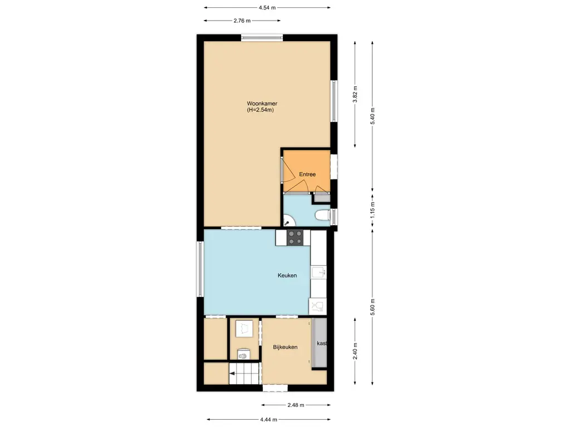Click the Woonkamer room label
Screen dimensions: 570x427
pyautogui.click(x=262, y=103)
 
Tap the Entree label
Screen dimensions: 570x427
pyautogui.click(x=307, y=174)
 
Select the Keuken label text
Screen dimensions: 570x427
pyautogui.click(x=287, y=275)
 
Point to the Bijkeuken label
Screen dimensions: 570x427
pyautogui.click(x=286, y=347)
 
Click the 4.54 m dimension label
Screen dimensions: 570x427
pyautogui.click(x=267, y=7)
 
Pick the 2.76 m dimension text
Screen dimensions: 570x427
pyautogui.click(x=242, y=21)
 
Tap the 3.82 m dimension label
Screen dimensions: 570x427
pyautogui.click(x=355, y=94)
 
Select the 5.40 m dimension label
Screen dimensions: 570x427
pyautogui.click(x=372, y=116)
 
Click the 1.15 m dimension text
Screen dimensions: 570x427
pyautogui.click(x=372, y=210)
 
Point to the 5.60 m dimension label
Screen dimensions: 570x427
pyautogui.click(x=372, y=307)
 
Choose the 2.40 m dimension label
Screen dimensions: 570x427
pyautogui.click(x=355, y=351)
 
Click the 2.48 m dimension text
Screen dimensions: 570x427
pyautogui.click(x=296, y=405)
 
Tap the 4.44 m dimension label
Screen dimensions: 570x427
pyautogui.click(x=269, y=420)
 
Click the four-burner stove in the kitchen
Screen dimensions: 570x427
pyautogui.click(x=295, y=237)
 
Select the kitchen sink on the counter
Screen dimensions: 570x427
pyautogui.click(x=318, y=272)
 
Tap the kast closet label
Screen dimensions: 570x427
pyautogui.click(x=322, y=344)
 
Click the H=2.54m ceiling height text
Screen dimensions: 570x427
pyautogui.click(x=261, y=110)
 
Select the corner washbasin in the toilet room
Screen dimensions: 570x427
pyautogui.click(x=289, y=221)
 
